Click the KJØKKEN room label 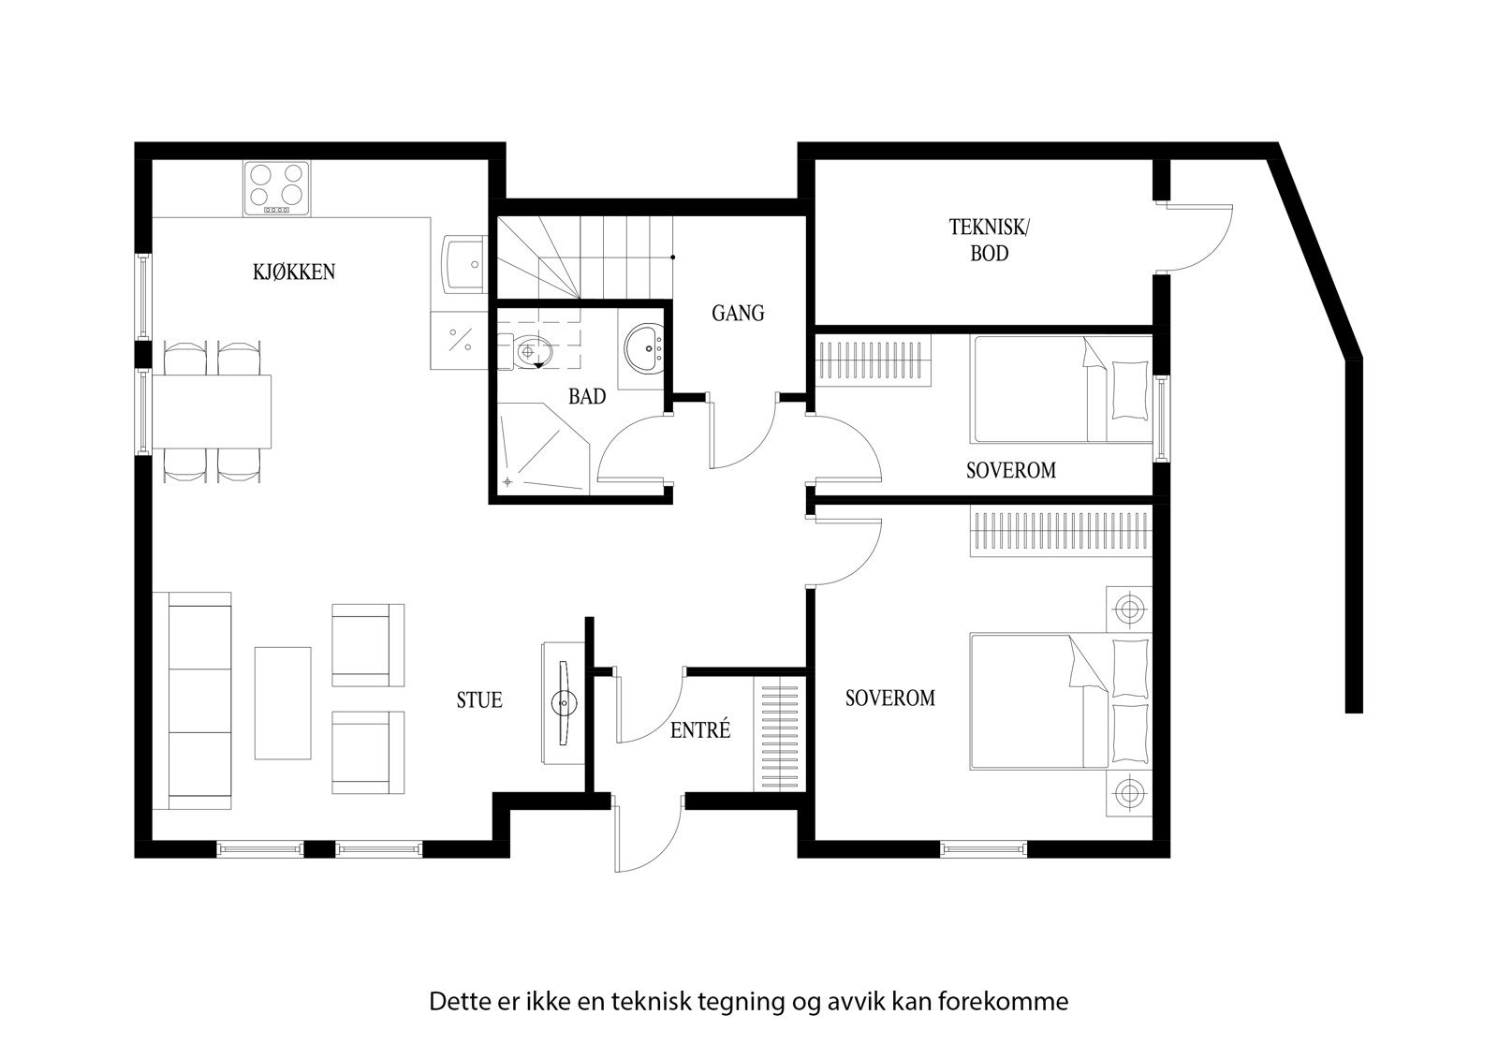click(293, 272)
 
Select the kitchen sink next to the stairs click(463, 264)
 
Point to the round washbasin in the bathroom click(644, 348)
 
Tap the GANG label click(738, 313)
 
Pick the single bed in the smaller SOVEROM click(1063, 389)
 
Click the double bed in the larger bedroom click(1058, 700)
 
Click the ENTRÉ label click(699, 730)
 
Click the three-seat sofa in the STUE click(198, 700)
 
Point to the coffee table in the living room click(283, 702)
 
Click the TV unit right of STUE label click(562, 702)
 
